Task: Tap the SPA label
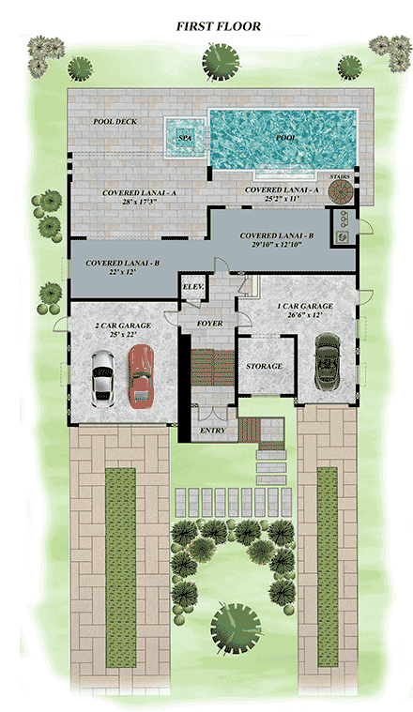(x=184, y=138)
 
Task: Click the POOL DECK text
(x=116, y=122)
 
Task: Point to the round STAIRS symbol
(x=339, y=191)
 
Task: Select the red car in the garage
(x=141, y=375)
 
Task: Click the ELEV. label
(x=193, y=286)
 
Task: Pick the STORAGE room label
(x=264, y=366)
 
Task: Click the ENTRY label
(x=213, y=432)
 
